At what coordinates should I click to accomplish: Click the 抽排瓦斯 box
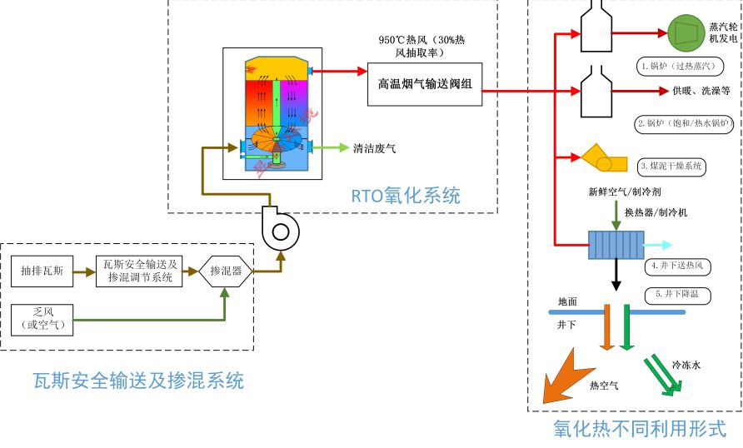click(47, 271)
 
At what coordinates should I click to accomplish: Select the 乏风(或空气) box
click(47, 319)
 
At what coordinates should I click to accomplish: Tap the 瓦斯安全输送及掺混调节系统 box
click(141, 271)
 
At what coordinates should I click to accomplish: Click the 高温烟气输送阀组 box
click(424, 84)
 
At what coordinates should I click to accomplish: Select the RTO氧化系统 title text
click(404, 197)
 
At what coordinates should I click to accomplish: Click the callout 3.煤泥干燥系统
click(671, 166)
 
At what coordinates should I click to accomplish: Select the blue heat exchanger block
click(615, 245)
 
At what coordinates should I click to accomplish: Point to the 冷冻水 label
click(687, 365)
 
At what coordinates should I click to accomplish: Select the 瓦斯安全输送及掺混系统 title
click(137, 381)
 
